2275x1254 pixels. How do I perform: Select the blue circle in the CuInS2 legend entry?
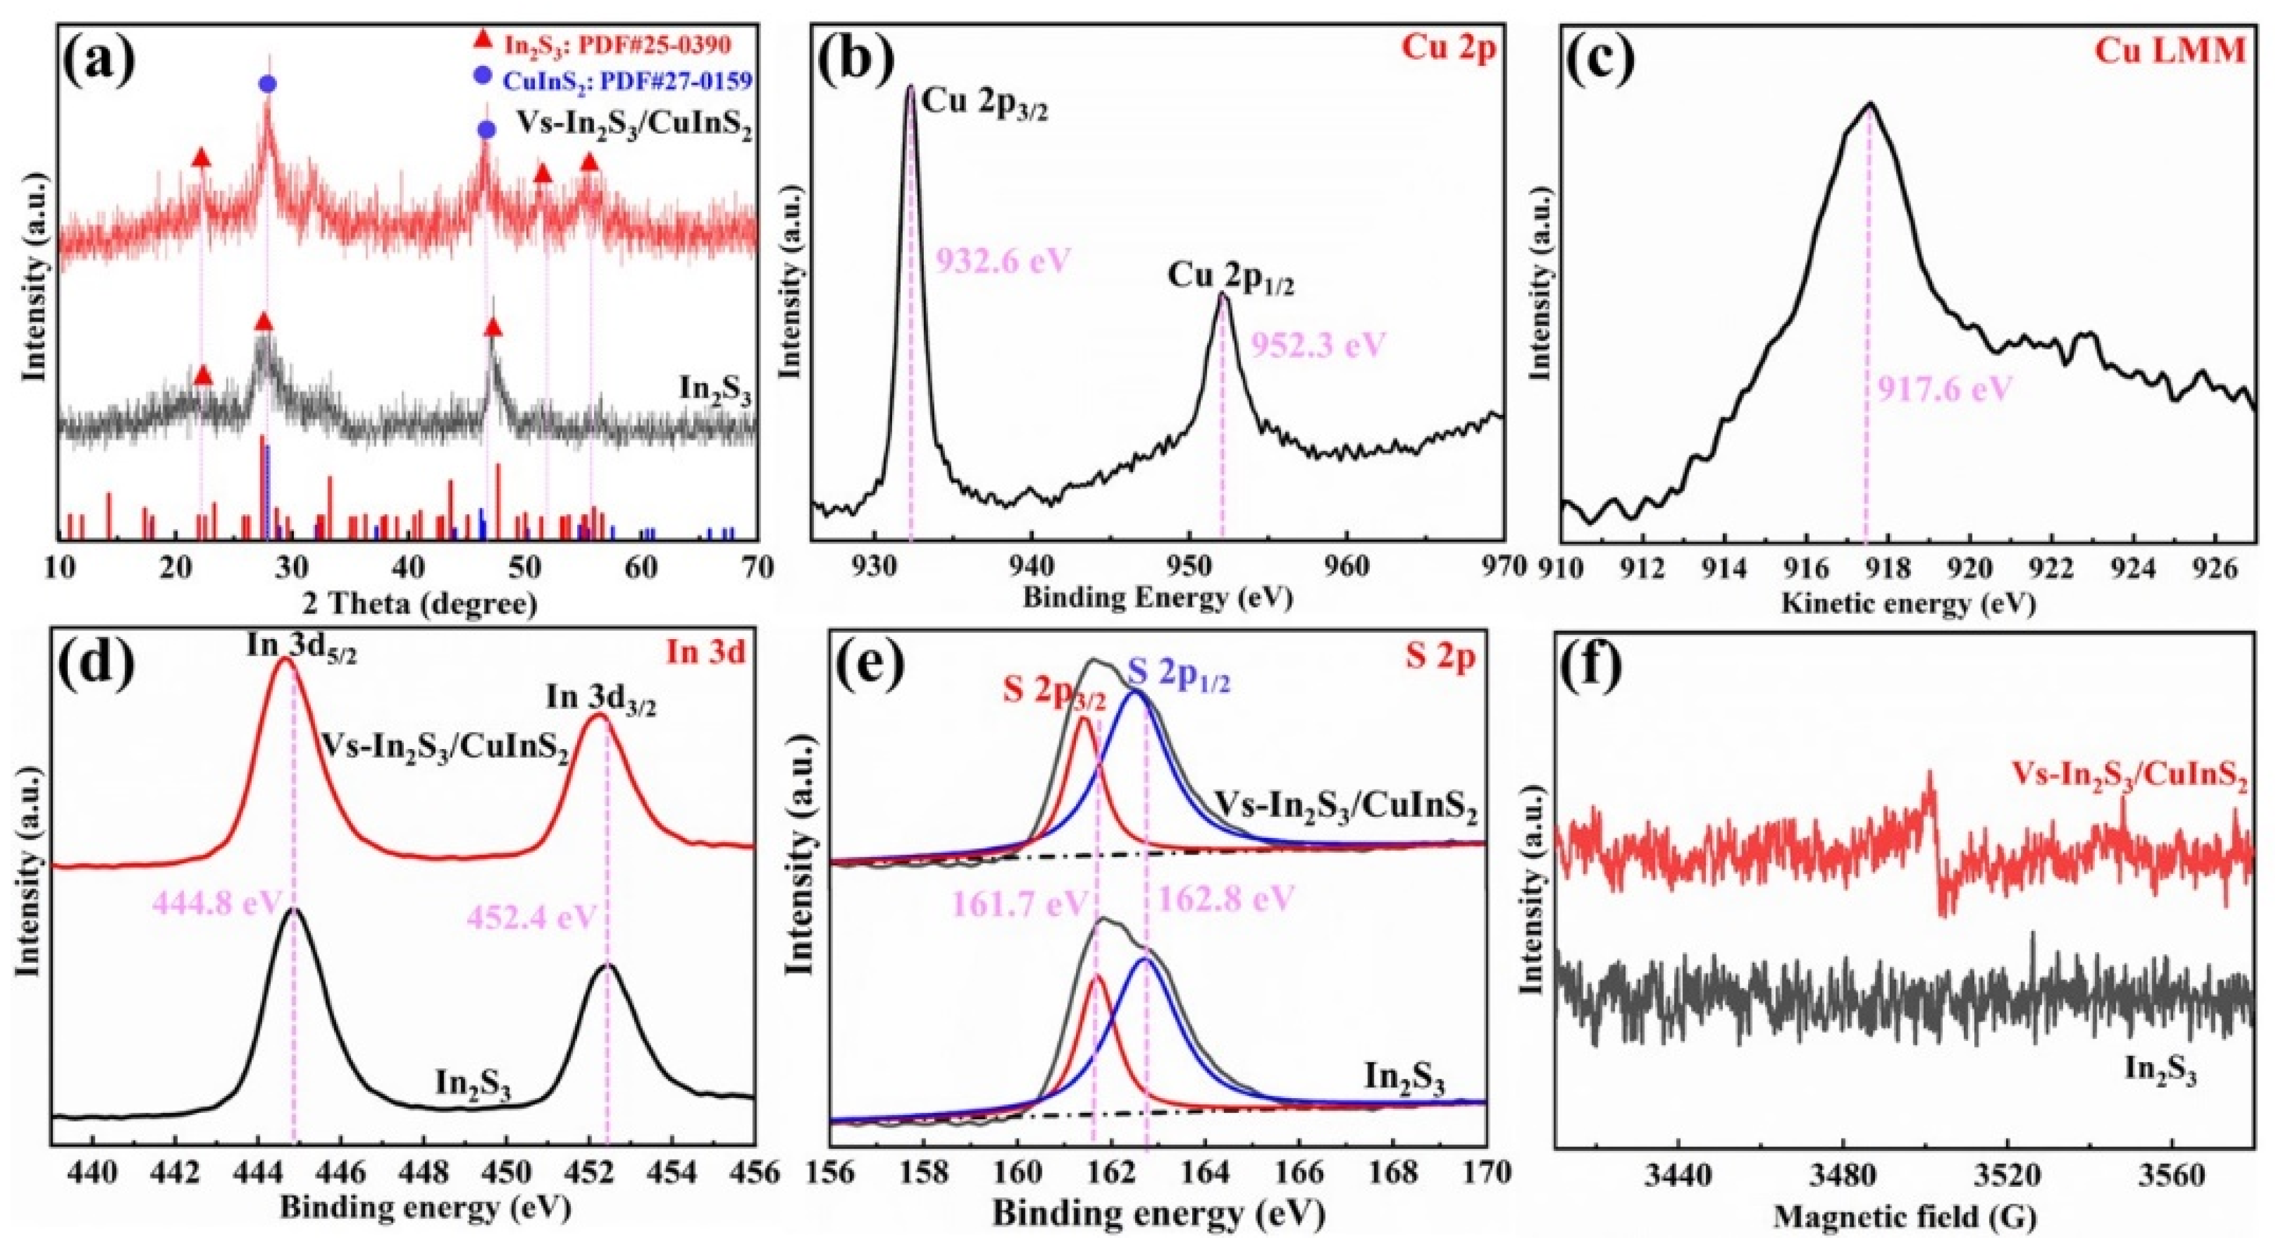pyautogui.click(x=482, y=77)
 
